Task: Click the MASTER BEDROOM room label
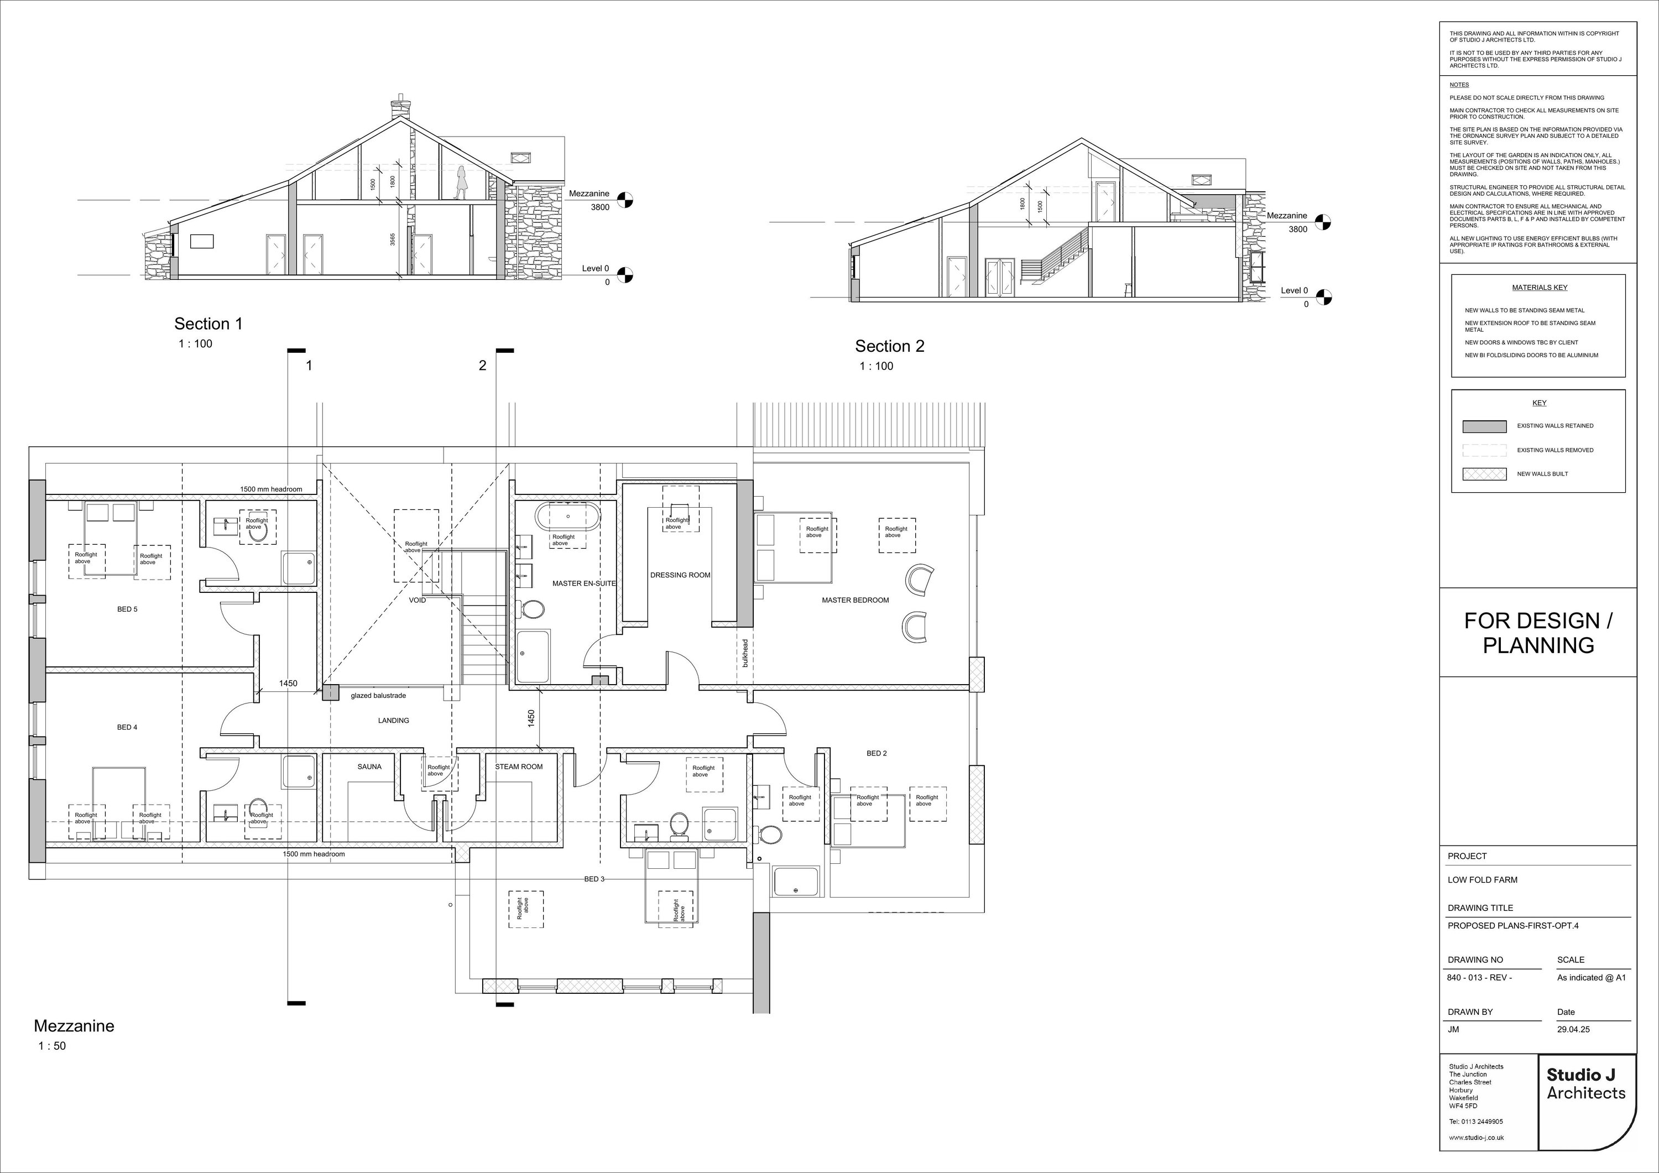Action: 855,601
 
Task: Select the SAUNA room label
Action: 369,767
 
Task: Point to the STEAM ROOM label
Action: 519,767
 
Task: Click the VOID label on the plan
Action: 418,601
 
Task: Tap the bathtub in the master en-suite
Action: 568,518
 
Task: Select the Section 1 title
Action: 208,324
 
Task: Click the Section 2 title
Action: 889,346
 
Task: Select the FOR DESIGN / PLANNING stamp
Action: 1538,633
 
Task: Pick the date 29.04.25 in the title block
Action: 1573,1029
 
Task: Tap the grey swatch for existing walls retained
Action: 1484,426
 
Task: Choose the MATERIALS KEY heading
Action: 1539,288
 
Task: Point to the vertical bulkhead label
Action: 745,653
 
